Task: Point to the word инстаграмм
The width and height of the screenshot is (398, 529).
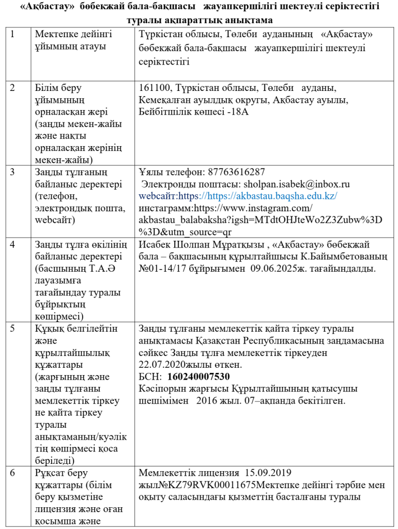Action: (x=164, y=208)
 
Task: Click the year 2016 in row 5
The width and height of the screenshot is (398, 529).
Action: (x=209, y=400)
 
